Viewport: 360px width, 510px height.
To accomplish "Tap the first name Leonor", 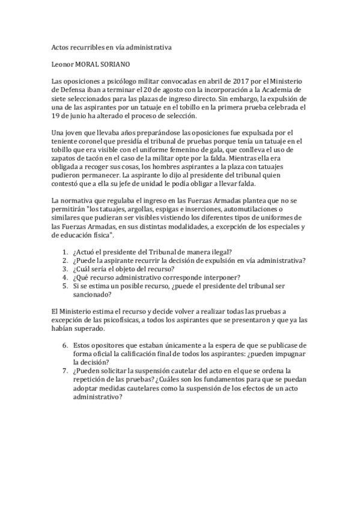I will tap(64, 63).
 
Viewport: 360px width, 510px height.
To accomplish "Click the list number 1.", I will tap(66, 251).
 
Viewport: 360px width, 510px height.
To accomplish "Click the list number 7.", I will tap(66, 370).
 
